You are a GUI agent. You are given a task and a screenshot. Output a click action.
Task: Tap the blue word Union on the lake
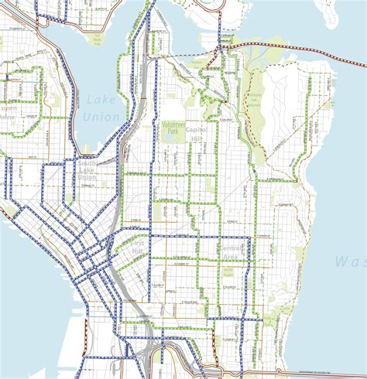[x=105, y=117]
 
